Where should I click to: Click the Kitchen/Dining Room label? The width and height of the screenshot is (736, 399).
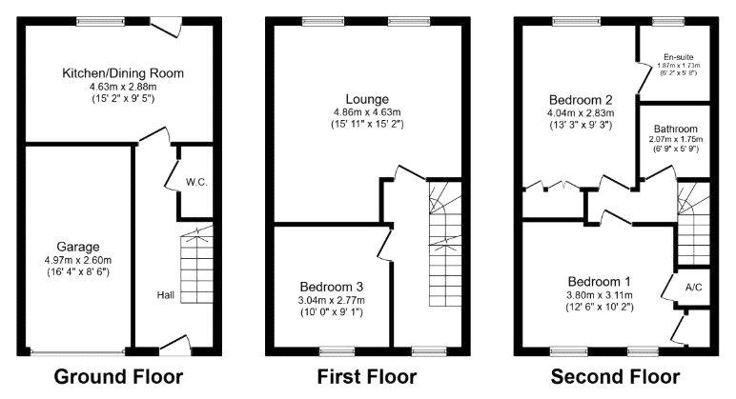[x=123, y=73]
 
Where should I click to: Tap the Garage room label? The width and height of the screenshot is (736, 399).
[x=78, y=247]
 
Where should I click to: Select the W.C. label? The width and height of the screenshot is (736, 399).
[x=196, y=182]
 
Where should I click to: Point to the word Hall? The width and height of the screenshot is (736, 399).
[x=165, y=295]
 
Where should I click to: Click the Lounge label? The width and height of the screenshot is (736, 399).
[x=367, y=99]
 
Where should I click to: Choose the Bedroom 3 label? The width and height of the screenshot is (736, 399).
[x=332, y=287]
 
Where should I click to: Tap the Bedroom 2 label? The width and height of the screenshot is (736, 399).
[x=581, y=100]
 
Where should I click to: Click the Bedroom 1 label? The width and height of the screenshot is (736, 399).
[x=600, y=282]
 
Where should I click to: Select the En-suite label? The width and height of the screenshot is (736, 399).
[x=678, y=57]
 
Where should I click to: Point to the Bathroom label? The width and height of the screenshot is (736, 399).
[x=675, y=129]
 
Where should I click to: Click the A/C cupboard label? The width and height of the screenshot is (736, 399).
[x=694, y=287]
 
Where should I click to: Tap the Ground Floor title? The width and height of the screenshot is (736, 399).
[x=118, y=376]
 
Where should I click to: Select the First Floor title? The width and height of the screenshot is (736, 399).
[x=367, y=376]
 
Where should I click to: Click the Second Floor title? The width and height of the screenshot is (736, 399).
[x=615, y=376]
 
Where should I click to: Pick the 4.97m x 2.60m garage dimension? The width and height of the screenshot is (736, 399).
[x=78, y=260]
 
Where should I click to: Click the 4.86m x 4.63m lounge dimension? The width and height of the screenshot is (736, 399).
[x=367, y=112]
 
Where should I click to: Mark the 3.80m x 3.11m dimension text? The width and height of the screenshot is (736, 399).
[x=600, y=295]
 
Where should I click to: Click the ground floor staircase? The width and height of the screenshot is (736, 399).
[x=196, y=264]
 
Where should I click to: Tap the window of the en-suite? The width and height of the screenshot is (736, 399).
[x=668, y=21]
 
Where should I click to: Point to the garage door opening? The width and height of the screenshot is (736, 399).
[x=78, y=351]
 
